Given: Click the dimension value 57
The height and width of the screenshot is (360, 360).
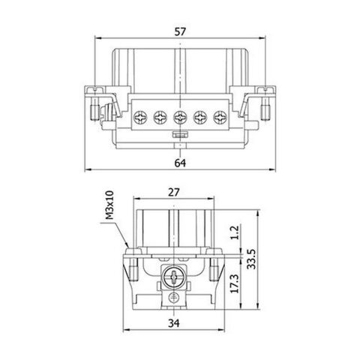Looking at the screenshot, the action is [x=180, y=32].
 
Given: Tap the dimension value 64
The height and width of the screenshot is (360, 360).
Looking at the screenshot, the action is [x=180, y=163].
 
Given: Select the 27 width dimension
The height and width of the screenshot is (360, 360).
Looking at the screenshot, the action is [x=174, y=193].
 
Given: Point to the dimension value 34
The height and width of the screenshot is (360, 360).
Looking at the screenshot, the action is [x=174, y=323].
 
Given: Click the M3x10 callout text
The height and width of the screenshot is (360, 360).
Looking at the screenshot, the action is [x=109, y=205].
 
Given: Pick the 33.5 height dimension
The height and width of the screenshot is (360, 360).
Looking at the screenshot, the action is [x=251, y=259].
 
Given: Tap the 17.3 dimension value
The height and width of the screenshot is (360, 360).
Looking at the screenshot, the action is [x=235, y=283].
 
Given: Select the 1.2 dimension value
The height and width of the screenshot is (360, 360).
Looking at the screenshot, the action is [x=235, y=232].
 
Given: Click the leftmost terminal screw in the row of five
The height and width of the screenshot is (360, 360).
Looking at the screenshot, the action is [x=140, y=117].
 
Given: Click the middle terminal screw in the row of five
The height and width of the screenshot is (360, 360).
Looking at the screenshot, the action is [x=180, y=117].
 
